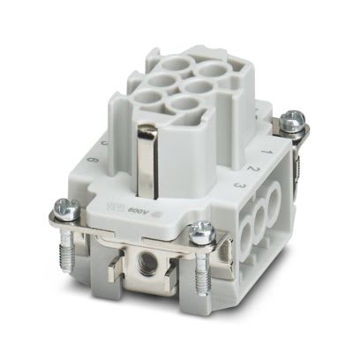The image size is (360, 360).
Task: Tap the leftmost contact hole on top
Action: coord(143,97)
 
